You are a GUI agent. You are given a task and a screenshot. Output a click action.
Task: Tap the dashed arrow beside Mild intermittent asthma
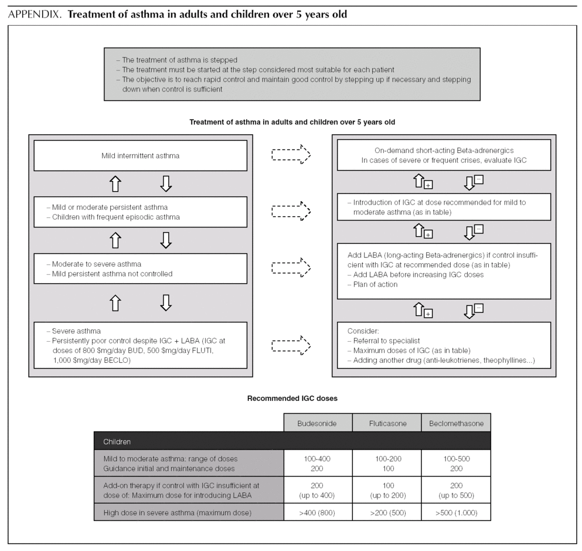291,155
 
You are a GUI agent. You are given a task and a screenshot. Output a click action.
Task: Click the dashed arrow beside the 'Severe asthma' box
291,345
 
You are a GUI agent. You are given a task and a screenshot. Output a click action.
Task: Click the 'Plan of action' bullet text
375,284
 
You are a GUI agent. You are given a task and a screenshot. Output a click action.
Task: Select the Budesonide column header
318,424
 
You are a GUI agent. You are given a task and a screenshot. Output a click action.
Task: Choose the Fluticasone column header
386,424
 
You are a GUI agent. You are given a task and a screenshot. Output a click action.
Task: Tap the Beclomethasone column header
455,424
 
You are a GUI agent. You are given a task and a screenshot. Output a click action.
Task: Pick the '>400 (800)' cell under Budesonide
318,512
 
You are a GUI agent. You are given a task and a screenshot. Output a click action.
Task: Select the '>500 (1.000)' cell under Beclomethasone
455,512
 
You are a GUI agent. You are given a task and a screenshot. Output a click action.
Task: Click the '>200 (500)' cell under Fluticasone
386,512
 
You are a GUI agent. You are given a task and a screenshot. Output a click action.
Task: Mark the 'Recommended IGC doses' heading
292,399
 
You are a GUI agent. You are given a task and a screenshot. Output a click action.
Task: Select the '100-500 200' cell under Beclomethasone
455,463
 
